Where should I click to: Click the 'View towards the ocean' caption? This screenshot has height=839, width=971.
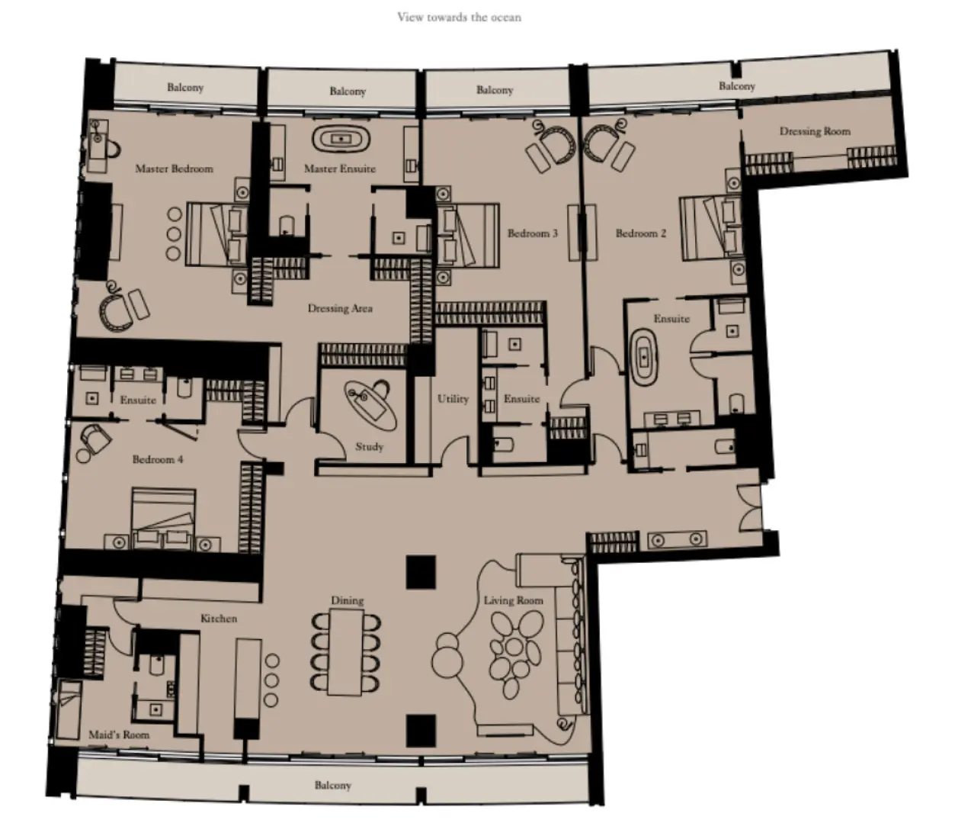(459, 17)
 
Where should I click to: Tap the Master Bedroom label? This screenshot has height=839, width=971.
(174, 169)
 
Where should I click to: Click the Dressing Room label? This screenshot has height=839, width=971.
(814, 131)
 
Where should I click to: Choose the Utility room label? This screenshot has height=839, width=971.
(453, 399)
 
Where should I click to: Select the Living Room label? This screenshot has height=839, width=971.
(513, 600)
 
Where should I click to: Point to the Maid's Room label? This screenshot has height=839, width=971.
(119, 735)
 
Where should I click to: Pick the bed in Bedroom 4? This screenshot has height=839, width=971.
(163, 519)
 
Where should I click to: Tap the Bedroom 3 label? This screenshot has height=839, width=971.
(532, 233)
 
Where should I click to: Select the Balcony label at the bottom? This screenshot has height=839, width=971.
(332, 785)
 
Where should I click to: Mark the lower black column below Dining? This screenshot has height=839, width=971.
(421, 730)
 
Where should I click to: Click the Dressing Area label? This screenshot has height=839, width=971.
(340, 308)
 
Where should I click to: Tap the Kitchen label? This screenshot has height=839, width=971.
(219, 618)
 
